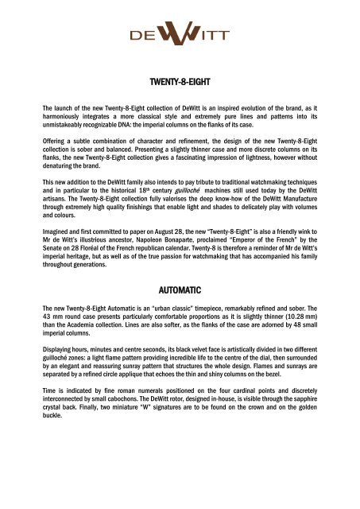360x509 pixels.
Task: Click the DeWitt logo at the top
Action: (x=180, y=37)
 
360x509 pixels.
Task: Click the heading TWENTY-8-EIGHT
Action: (x=180, y=81)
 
